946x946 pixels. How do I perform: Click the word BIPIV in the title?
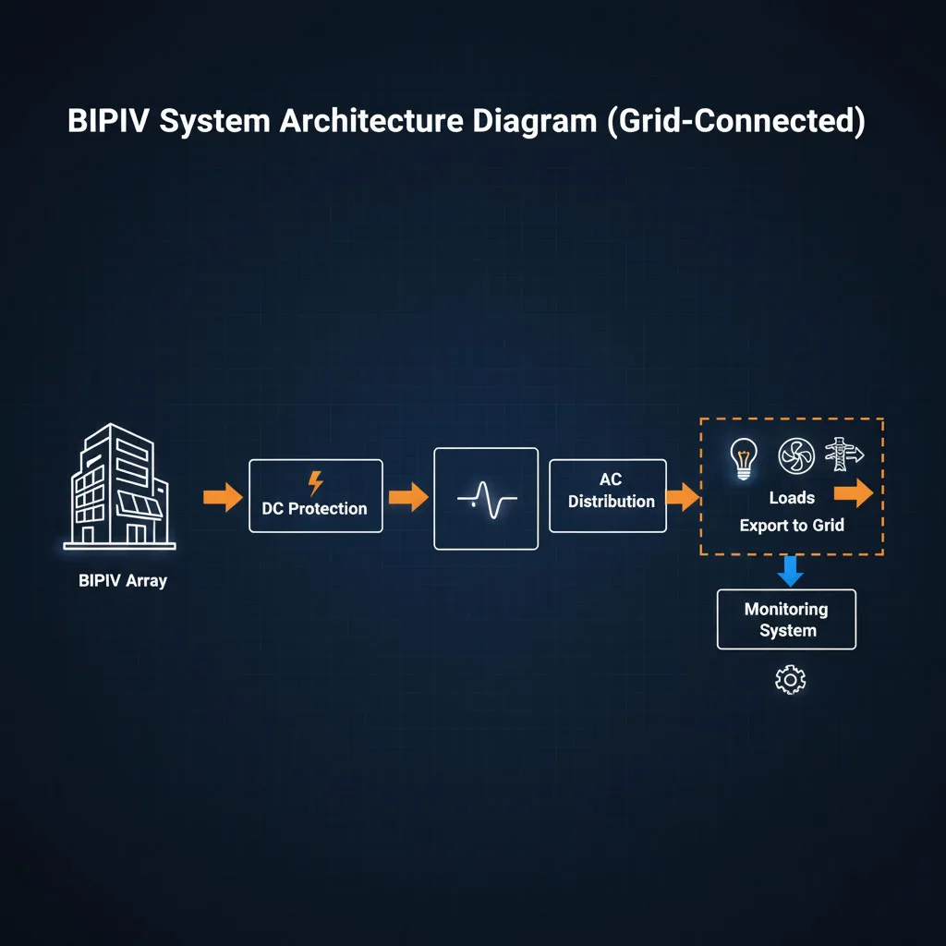[x=108, y=122]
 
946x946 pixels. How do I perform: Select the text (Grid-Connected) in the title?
[x=735, y=122]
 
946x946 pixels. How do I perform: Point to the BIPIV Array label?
[x=123, y=582]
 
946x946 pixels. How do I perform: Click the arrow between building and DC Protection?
[x=222, y=497]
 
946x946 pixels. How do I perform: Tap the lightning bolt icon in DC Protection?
[x=315, y=482]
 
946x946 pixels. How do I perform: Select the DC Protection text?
[x=314, y=508]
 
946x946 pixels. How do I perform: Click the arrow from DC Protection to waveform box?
[x=407, y=498]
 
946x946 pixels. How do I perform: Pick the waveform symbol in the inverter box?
[x=486, y=500]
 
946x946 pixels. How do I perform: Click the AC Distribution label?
[x=611, y=491]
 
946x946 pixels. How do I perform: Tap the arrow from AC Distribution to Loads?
[x=682, y=498]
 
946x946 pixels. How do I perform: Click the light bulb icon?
[x=743, y=456]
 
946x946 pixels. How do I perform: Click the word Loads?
[x=792, y=498]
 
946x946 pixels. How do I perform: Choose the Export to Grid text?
[x=792, y=526]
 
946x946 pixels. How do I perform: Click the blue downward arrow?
[x=790, y=571]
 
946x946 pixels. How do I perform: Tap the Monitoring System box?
[x=786, y=620]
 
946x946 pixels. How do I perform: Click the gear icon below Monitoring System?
[x=790, y=681]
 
